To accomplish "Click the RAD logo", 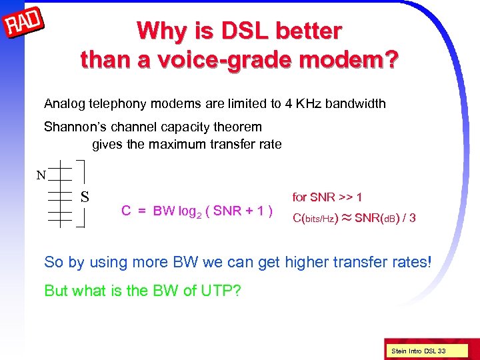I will tap(24, 25).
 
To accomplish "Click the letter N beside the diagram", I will tap(41, 176).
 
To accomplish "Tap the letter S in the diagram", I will tap(85, 197).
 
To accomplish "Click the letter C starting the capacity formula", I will tap(125, 211).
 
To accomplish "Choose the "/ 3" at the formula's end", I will tap(408, 217).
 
